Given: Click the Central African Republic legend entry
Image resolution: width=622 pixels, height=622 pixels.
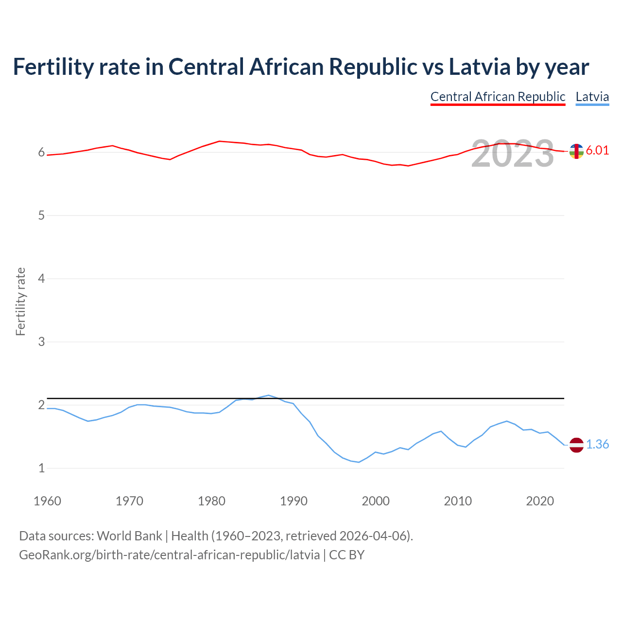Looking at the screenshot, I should tap(498, 97).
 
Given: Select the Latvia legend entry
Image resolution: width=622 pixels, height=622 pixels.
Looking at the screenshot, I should tap(592, 97).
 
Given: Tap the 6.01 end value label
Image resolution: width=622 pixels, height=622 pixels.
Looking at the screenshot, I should tap(597, 150).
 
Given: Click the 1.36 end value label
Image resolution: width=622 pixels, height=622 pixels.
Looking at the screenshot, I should tap(597, 444).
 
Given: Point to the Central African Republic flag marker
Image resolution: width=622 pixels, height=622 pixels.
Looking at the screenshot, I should tap(576, 151).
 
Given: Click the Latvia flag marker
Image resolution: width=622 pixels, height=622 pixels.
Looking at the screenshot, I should tap(576, 445).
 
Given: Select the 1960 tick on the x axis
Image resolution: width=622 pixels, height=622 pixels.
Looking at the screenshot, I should tap(47, 501).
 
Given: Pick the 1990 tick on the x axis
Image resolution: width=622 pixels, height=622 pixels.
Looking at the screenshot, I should tap(294, 501).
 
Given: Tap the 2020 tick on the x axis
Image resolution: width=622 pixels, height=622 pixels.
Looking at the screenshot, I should tap(540, 501).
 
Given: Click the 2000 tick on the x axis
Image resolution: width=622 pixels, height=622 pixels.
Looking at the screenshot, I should tap(376, 501).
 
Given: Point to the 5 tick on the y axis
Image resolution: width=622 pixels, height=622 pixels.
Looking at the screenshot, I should tap(41, 215).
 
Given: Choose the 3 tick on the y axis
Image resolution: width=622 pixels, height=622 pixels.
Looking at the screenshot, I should tap(41, 342).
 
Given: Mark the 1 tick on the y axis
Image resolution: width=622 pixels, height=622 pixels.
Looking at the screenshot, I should tap(41, 468).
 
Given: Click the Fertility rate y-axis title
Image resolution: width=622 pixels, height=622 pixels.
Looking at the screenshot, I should tap(20, 301).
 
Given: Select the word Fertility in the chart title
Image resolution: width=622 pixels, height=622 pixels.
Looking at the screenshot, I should tap(52, 67).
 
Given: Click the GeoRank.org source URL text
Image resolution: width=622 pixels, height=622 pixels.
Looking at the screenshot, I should tap(169, 554).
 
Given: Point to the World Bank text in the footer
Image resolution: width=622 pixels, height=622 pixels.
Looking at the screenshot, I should tap(129, 536).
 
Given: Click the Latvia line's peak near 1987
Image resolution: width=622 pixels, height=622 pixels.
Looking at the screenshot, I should tap(269, 395).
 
